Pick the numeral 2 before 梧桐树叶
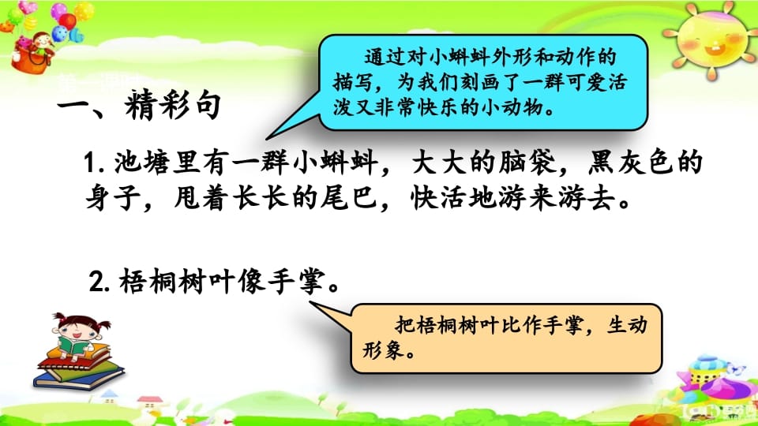tap(99, 282)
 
